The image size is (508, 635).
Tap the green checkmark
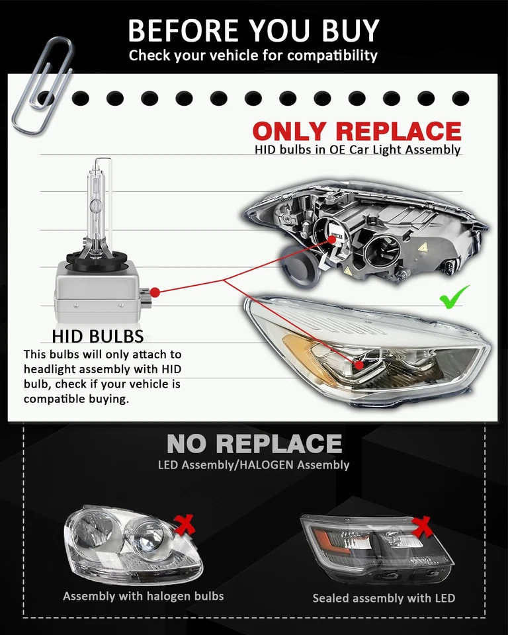[454, 296]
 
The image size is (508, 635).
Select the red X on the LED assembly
[421, 527]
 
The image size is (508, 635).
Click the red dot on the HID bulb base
[154, 292]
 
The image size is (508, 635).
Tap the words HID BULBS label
[97, 335]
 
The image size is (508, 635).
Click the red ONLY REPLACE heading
[357, 130]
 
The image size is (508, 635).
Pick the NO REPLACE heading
[254, 443]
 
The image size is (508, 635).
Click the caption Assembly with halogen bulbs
[144, 596]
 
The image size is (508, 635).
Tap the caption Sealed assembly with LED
[384, 598]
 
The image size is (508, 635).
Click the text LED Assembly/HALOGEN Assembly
[253, 464]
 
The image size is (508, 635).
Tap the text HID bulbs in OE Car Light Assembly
[357, 149]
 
